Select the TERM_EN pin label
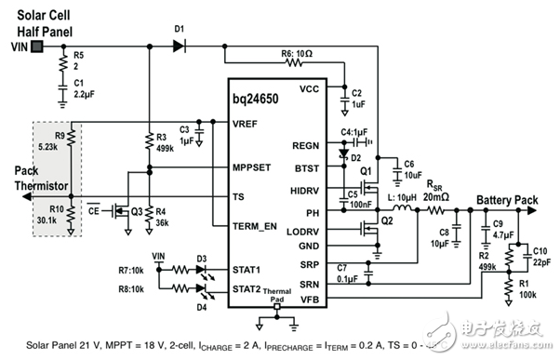241,227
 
